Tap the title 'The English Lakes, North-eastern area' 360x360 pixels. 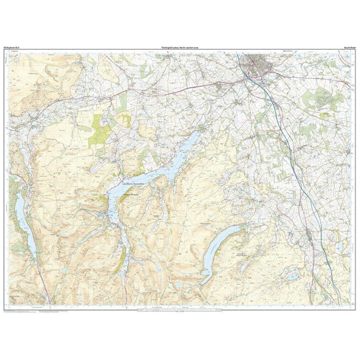180,48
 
